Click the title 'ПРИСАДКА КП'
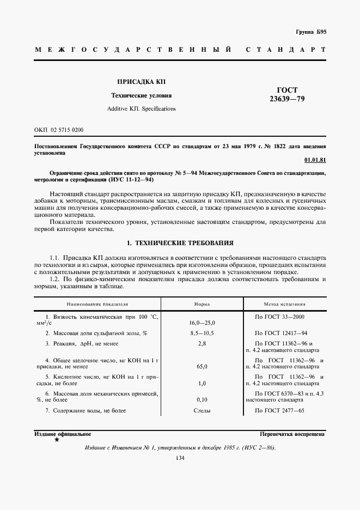(x=141, y=82)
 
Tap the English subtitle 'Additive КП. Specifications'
(x=141, y=108)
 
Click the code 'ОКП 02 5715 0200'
(x=59, y=130)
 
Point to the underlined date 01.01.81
(x=315, y=160)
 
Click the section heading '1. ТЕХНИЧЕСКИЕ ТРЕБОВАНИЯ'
(x=180, y=242)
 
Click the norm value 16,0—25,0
(x=202, y=323)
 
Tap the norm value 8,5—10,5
(x=202, y=333)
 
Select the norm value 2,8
(x=202, y=343)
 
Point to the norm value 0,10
(x=202, y=399)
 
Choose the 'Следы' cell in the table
(x=202, y=411)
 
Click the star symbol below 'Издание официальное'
(x=57, y=439)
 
